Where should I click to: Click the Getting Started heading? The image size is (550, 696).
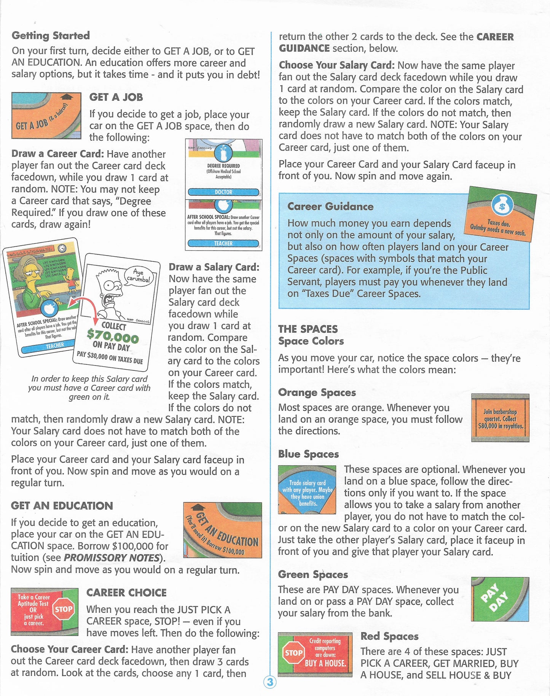tap(51, 35)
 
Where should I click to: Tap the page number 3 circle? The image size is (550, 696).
tap(269, 682)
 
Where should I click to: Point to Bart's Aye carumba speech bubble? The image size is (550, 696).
tap(139, 276)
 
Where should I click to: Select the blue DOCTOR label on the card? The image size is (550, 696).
tap(223, 192)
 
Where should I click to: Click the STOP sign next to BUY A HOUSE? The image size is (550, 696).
tap(293, 653)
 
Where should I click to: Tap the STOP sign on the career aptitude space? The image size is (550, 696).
tap(63, 609)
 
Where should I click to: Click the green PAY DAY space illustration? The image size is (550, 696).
tap(500, 599)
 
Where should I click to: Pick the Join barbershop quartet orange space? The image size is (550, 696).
tap(500, 418)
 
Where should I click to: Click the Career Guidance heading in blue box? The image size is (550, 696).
tap(330, 207)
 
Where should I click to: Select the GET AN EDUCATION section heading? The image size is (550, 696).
tap(62, 505)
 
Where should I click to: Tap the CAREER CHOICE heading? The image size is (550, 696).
tap(126, 593)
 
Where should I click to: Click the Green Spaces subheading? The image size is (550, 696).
tap(313, 574)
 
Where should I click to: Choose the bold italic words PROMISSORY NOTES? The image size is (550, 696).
tap(111, 558)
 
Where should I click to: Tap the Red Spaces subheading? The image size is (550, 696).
tap(389, 636)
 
